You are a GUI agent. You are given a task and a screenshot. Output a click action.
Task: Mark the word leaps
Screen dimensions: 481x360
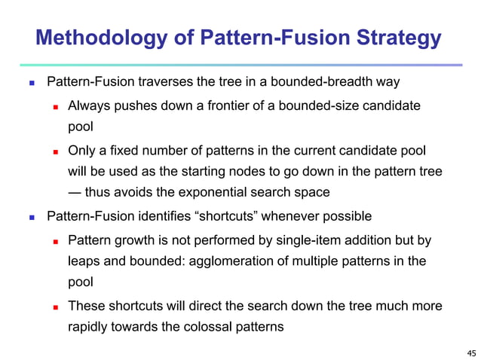pyautogui.click(x=84, y=261)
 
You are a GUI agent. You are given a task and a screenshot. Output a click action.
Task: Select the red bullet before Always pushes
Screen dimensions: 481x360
pyautogui.click(x=54, y=106)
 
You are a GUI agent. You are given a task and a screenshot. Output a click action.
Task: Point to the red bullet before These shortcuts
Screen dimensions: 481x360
pyautogui.click(x=54, y=307)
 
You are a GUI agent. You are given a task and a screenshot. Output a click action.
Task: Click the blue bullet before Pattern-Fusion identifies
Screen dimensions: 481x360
pyautogui.click(x=31, y=218)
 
